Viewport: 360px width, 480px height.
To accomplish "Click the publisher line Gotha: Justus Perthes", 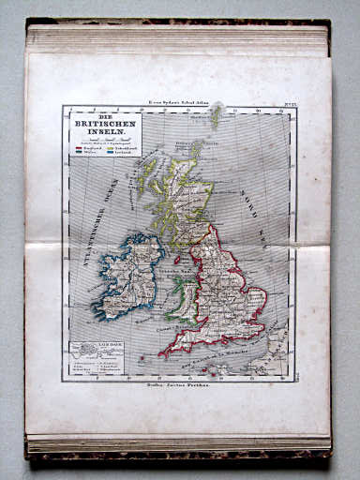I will click(x=178, y=385).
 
